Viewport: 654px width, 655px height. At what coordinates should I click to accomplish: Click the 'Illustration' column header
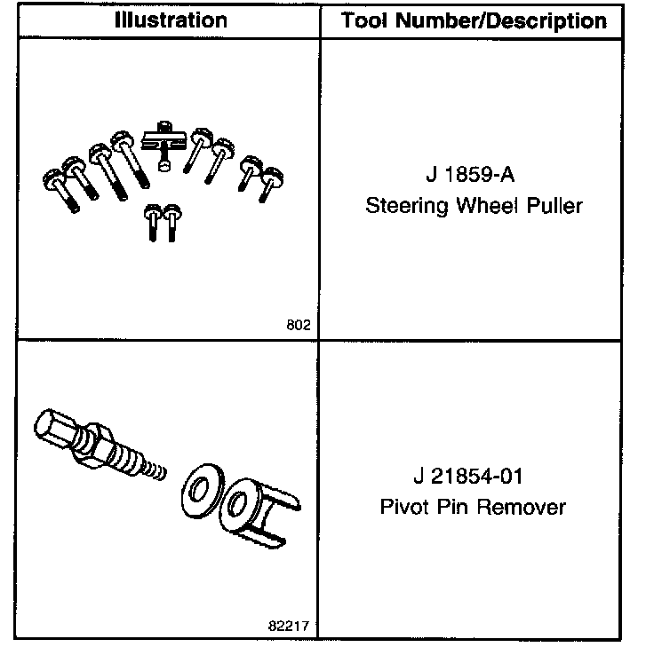point(170,20)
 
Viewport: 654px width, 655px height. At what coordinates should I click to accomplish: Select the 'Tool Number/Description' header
point(475,20)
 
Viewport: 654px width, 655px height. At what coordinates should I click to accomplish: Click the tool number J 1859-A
point(475,174)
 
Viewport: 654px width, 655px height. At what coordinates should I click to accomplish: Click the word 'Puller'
point(556,207)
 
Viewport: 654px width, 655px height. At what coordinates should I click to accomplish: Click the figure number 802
point(299,325)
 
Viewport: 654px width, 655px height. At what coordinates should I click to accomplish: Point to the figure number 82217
point(291,626)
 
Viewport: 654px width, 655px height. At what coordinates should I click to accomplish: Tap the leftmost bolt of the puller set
point(60,189)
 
